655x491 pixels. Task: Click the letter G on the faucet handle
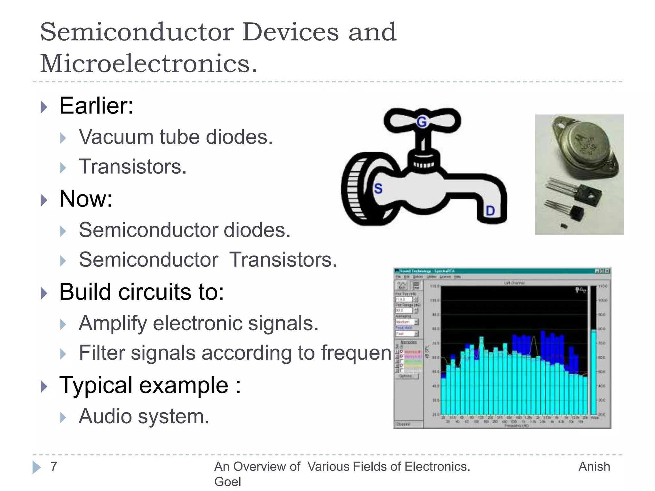[x=422, y=122]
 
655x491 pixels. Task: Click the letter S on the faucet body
[x=378, y=188]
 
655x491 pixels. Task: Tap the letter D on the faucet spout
[x=490, y=211]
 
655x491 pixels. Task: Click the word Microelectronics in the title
[x=148, y=63]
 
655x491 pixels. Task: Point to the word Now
[x=86, y=199]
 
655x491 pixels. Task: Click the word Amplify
[x=113, y=323]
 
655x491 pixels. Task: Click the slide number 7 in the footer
[x=54, y=466]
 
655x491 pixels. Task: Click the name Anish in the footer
[x=594, y=466]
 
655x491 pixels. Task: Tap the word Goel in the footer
[x=227, y=481]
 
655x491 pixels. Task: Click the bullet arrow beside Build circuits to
[x=44, y=293]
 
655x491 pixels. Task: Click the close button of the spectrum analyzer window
[x=607, y=271]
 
